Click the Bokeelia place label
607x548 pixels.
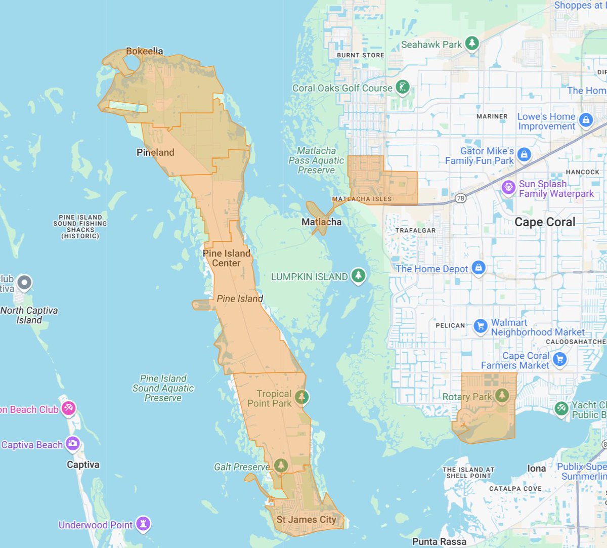145,51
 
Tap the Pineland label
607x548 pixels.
155,152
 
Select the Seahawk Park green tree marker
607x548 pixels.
472,44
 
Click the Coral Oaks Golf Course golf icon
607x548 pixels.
403,88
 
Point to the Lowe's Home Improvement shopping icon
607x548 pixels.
586,120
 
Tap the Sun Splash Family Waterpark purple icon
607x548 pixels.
508,187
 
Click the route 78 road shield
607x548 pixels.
460,198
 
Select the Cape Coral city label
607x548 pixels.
545,222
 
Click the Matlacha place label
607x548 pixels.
321,222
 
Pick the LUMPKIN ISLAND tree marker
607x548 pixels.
359,275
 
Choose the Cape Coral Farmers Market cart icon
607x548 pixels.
559,359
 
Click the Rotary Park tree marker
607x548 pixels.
502,395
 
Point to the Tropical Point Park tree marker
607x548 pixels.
302,397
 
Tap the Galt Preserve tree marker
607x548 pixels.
281,465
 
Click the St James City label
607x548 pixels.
306,519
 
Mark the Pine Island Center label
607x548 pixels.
227,258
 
